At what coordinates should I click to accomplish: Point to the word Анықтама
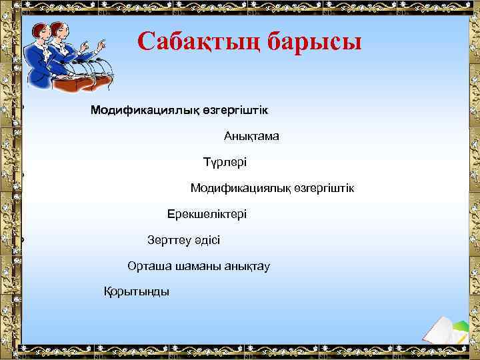pyautogui.click(x=251, y=136)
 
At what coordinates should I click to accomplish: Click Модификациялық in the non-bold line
pyautogui.click(x=240, y=189)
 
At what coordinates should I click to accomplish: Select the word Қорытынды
pyautogui.click(x=136, y=291)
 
